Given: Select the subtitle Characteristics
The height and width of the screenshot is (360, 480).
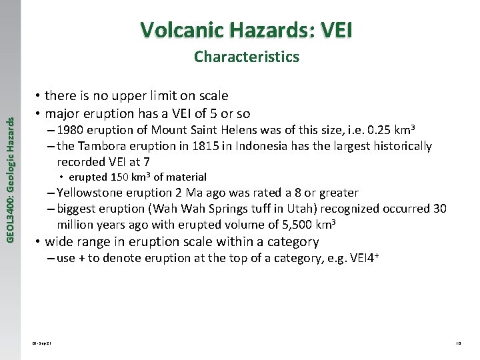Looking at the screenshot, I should click(x=247, y=57).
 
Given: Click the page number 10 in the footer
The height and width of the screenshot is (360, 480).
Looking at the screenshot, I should click(x=458, y=343).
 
